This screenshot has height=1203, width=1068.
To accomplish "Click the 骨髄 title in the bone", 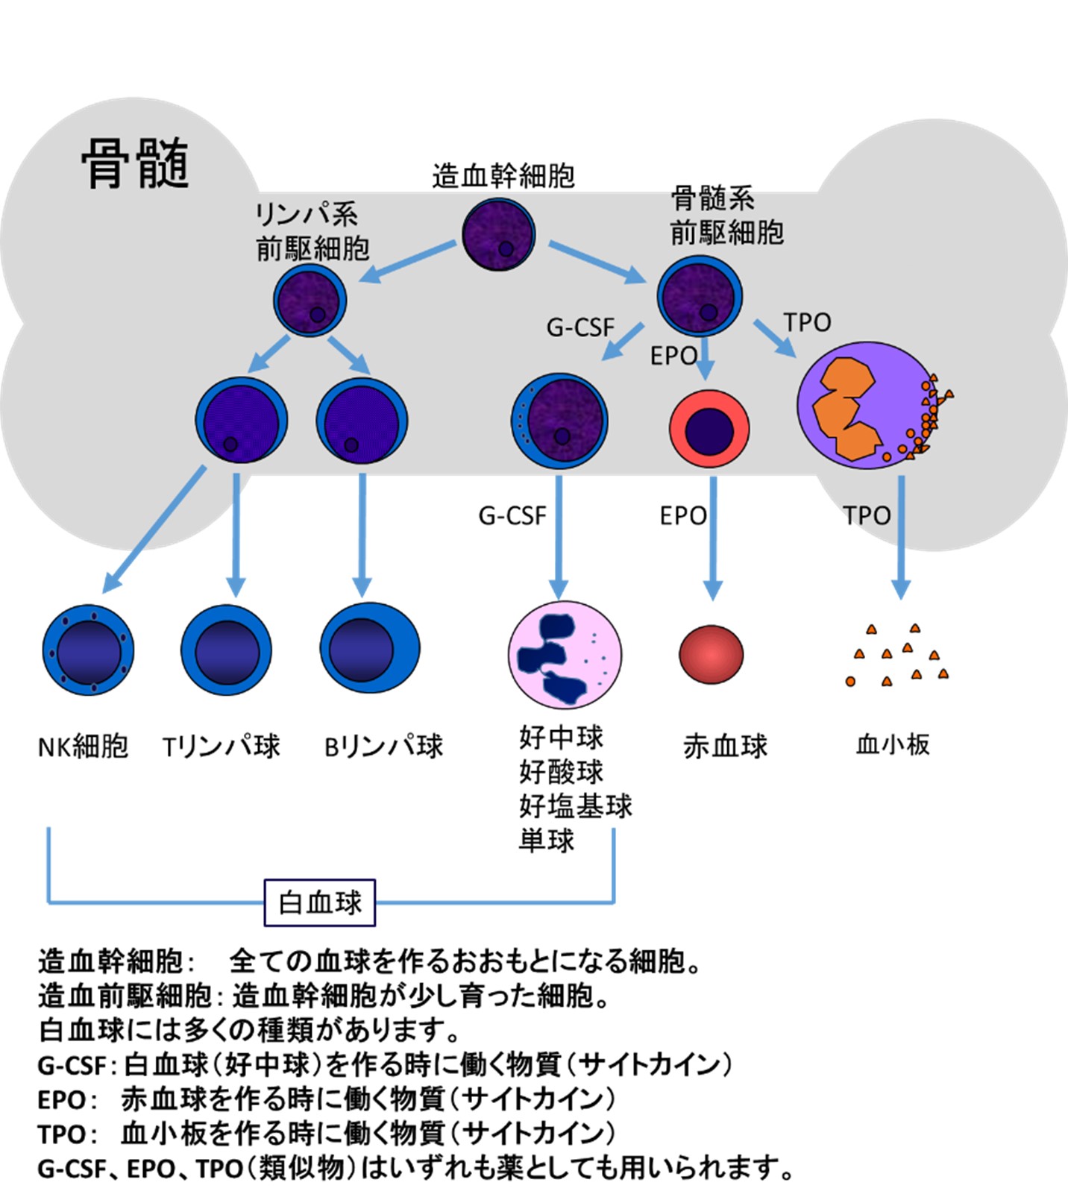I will click(135, 163).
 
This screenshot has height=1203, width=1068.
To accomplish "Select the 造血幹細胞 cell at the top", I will click(498, 234).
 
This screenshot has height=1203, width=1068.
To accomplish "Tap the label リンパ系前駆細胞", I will click(312, 231).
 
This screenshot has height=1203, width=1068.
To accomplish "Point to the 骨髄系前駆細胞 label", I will click(726, 216).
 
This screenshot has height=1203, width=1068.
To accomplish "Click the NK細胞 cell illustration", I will click(89, 650).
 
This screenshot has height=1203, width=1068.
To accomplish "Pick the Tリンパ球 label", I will click(221, 746).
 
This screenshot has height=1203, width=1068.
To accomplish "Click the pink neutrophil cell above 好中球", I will click(565, 654).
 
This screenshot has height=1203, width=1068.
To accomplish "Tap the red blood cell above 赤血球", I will click(712, 654).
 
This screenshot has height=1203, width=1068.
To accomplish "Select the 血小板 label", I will click(893, 744).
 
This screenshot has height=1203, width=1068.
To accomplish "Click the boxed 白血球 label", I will click(320, 902).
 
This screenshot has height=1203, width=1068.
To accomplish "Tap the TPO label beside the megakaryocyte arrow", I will click(807, 322).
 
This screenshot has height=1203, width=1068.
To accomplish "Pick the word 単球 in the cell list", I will click(547, 841).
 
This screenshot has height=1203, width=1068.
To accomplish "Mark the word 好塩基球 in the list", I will click(576, 806).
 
